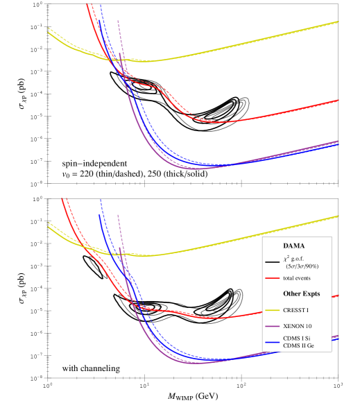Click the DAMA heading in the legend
295,246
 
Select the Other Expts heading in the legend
301,293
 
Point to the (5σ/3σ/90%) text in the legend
302,266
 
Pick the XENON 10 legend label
297,325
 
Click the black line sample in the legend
272,262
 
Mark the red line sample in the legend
272,278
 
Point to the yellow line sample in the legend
272,310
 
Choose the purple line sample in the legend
272,326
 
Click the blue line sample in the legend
272,341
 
